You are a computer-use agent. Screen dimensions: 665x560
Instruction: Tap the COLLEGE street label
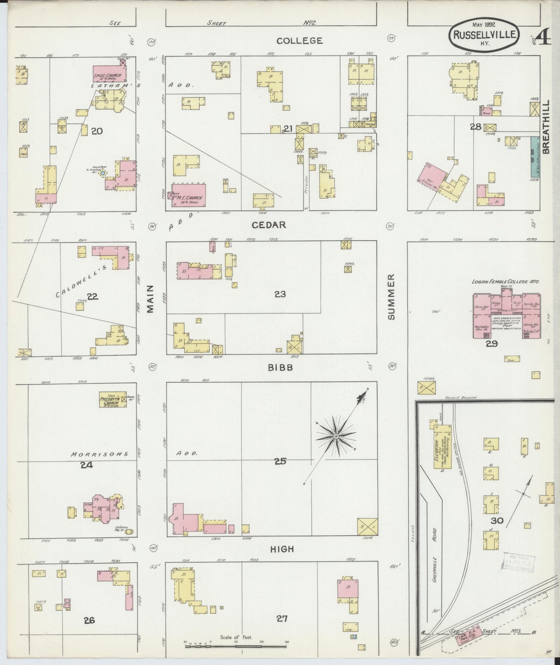[x=299, y=40]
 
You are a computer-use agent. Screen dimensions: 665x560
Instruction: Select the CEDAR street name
[x=269, y=225]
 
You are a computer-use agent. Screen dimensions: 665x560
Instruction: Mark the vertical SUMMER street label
[x=391, y=297]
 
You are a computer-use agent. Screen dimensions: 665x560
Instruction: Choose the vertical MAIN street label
[x=151, y=298]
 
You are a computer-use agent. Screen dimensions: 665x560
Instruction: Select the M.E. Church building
[x=188, y=195]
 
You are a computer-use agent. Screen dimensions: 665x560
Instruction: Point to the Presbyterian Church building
[x=113, y=399]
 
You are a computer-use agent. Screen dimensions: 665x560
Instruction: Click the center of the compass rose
[x=336, y=437]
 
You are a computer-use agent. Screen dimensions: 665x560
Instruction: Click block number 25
[x=280, y=461]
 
